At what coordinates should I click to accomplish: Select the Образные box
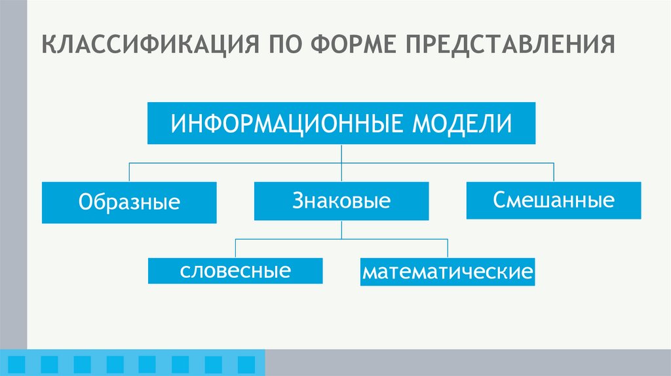(x=129, y=202)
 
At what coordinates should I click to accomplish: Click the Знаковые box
(x=341, y=201)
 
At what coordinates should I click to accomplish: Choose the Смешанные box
(x=554, y=200)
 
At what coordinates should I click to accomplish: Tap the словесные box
(x=235, y=271)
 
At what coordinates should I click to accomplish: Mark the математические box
(x=448, y=271)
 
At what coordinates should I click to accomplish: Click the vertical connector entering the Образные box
(x=129, y=172)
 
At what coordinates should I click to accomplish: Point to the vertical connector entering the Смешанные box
(x=554, y=172)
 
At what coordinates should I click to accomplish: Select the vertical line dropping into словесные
(x=235, y=248)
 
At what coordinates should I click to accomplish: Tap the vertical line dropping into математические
(x=448, y=248)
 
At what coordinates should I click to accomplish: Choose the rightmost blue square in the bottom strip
(x=246, y=363)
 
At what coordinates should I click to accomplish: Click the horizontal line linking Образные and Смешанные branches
(x=236, y=162)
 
